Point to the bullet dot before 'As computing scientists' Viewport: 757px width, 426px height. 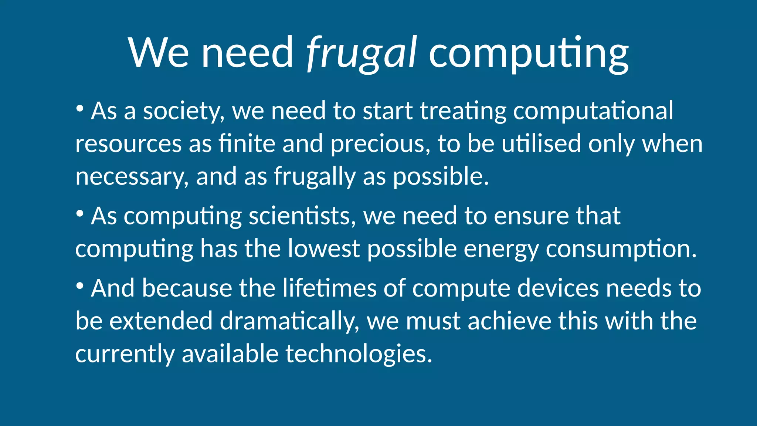coord(79,214)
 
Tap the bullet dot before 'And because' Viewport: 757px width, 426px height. coord(79,286)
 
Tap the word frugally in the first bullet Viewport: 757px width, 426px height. coord(314,176)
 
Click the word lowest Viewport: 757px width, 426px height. coord(324,248)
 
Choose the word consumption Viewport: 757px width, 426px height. coord(621,248)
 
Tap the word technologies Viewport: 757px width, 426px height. coord(359,354)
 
